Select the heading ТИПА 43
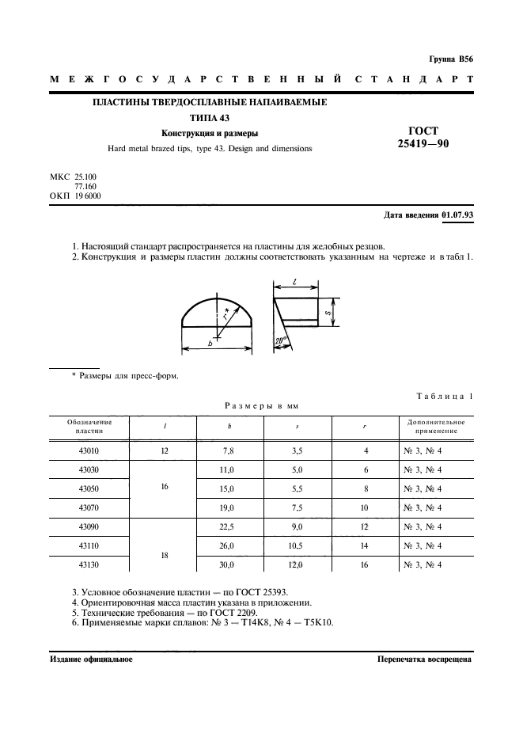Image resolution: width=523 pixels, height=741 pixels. (210, 117)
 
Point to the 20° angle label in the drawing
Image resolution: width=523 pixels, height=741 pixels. (281, 342)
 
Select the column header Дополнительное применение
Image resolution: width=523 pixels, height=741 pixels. (436, 426)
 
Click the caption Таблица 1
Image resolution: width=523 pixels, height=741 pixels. (445, 396)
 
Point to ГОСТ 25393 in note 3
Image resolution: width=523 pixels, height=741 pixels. (248, 591)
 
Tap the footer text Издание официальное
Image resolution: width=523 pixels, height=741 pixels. (91, 659)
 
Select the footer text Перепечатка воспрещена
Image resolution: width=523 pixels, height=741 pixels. (424, 659)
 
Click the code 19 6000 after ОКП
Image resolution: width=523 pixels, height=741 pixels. (88, 196)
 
